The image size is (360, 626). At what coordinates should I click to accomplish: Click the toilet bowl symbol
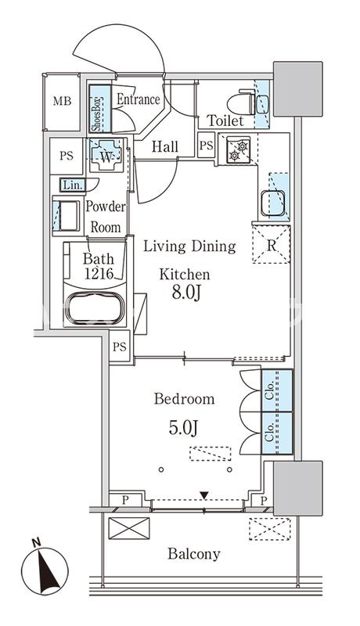click(240, 103)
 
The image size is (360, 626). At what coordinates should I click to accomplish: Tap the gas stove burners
click(238, 150)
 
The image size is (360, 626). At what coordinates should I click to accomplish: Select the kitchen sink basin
click(272, 203)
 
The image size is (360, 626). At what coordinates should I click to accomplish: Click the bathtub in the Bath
click(95, 308)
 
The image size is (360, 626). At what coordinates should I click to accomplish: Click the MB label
click(63, 102)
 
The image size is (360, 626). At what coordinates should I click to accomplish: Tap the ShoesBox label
click(95, 109)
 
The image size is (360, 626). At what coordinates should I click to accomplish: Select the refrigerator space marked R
click(272, 244)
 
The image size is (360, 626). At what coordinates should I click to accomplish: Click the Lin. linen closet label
click(73, 185)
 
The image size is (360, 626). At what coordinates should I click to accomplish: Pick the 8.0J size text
click(185, 293)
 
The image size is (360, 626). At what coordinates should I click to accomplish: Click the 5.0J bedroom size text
click(184, 428)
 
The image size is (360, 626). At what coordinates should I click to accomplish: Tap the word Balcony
click(194, 554)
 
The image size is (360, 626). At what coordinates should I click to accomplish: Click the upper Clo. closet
click(277, 390)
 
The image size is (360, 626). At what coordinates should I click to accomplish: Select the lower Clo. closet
click(277, 434)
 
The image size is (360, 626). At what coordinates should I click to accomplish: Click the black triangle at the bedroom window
click(204, 496)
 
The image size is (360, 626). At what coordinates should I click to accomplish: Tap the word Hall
click(165, 146)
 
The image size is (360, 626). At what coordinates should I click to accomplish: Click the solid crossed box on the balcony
click(129, 529)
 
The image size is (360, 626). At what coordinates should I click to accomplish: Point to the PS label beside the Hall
click(206, 146)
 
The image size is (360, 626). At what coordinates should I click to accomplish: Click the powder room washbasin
click(67, 216)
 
